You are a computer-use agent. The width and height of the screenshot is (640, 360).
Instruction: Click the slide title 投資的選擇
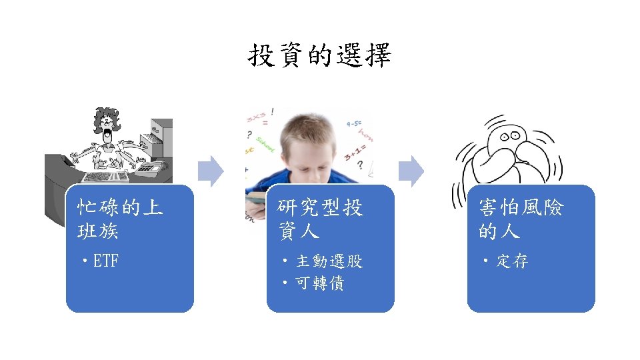[x=320, y=56]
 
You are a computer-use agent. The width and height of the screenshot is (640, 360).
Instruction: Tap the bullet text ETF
[x=105, y=261]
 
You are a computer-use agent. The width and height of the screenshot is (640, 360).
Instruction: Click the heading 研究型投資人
[x=320, y=219]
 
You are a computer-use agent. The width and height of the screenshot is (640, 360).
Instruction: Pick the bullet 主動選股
[x=329, y=261]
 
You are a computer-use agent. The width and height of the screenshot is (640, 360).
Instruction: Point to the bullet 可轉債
[x=319, y=283]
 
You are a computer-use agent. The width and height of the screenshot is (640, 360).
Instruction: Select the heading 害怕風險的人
[x=521, y=219]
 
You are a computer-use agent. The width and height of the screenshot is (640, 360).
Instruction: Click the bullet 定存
[x=512, y=261]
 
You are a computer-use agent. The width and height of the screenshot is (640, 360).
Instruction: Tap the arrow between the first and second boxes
[x=213, y=171]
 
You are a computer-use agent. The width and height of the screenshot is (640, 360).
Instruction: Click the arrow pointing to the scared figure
[x=414, y=171]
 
